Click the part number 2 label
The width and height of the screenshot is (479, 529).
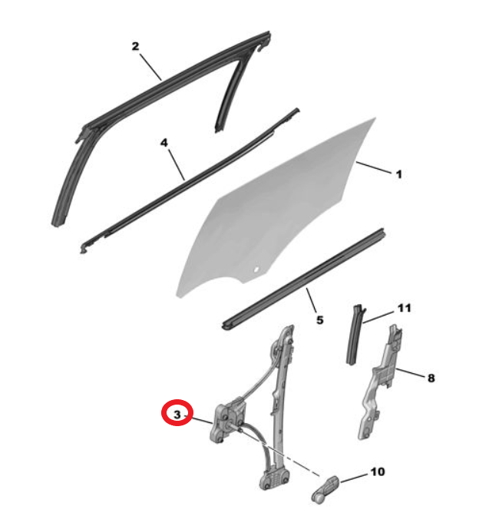[135, 46]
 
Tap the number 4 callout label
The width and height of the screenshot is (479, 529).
[164, 143]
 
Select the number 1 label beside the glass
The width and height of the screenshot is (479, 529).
[399, 174]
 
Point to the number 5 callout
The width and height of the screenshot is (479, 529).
[320, 319]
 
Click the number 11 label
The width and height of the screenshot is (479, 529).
[405, 308]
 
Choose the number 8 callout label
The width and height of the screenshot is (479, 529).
[431, 379]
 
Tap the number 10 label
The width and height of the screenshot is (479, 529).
[378, 471]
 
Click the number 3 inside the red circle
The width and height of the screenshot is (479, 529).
[177, 415]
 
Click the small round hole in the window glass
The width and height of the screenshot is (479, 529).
[256, 269]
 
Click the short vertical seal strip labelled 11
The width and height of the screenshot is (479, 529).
[355, 335]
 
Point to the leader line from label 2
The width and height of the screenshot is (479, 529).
[150, 67]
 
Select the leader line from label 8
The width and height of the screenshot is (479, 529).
[410, 373]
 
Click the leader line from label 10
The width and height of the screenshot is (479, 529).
[354, 478]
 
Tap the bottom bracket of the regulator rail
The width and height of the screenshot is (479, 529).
[274, 478]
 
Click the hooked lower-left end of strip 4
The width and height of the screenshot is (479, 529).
[84, 248]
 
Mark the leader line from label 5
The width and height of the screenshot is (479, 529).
[312, 300]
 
